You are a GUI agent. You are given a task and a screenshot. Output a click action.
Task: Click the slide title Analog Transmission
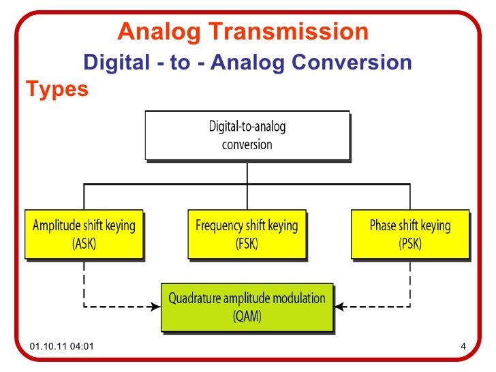[243, 32]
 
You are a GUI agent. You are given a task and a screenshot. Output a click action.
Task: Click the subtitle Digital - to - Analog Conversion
[247, 63]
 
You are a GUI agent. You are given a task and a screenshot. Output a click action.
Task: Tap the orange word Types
[57, 89]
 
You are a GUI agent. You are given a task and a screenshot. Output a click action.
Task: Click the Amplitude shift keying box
[84, 234]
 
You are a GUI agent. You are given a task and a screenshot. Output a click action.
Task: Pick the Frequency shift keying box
[246, 234]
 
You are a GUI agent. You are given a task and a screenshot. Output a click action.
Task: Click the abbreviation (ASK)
[84, 243]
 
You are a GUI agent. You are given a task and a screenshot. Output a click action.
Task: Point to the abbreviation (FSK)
[246, 243]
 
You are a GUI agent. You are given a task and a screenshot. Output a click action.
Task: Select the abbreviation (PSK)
[409, 243]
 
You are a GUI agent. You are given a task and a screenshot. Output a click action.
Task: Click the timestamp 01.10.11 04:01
[62, 350]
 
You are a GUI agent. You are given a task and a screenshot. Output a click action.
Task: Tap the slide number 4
[463, 350]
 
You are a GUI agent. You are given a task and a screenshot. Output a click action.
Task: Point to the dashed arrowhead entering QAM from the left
[156, 306]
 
